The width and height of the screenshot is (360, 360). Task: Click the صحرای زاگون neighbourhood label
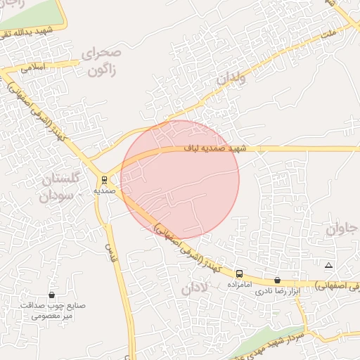point(102,62)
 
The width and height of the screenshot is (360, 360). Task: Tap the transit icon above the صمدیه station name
point(104,179)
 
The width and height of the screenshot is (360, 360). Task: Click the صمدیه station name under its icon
point(104,191)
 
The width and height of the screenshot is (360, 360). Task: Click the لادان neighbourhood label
point(195,288)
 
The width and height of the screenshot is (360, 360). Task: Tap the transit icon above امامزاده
point(240,274)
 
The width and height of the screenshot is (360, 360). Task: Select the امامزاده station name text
point(240,285)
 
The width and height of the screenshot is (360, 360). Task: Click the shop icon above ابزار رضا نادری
point(277,280)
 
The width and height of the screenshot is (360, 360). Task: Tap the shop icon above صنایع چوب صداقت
point(51,295)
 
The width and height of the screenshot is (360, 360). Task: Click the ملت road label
point(328,33)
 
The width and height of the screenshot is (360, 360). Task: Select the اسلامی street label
point(33,68)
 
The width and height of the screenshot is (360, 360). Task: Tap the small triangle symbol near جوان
point(328,265)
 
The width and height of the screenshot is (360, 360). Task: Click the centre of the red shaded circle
point(180,179)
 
